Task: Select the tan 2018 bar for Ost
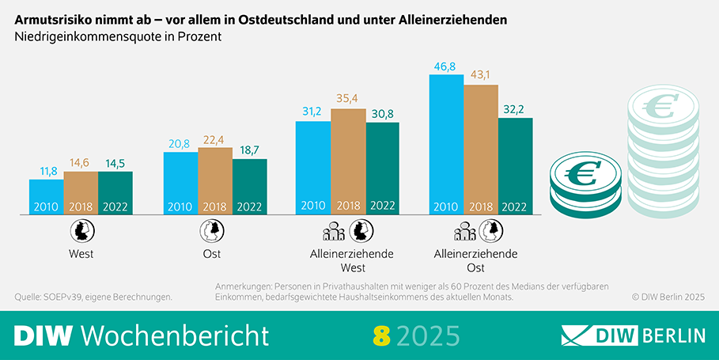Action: (214, 181)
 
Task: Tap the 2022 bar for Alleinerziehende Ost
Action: (515, 166)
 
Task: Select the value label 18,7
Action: (249, 150)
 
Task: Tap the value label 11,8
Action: (46, 170)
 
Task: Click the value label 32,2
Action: (515, 109)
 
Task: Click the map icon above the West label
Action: (81, 231)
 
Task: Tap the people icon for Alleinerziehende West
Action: (334, 231)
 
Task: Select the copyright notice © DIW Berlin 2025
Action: (668, 297)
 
